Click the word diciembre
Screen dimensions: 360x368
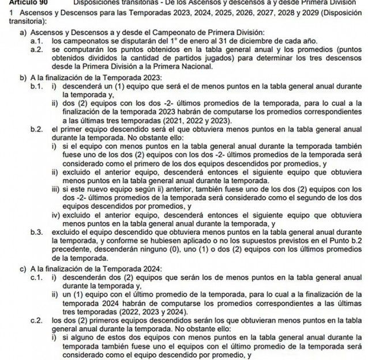point(243,42)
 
